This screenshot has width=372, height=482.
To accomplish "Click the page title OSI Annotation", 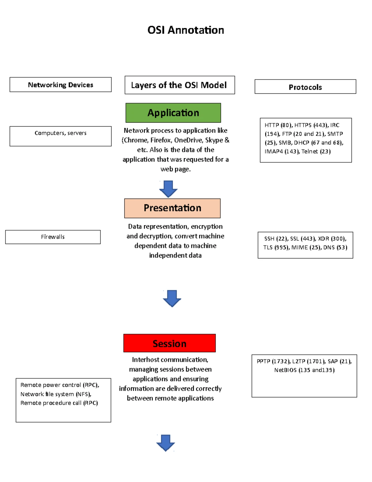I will (x=186, y=30).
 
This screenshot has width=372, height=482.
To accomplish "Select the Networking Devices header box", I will (x=60, y=85).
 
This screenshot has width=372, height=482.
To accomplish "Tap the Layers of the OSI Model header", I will (x=179, y=85).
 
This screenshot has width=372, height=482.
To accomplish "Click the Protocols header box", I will (x=305, y=87).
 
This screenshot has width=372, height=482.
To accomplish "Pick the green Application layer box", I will (x=173, y=113).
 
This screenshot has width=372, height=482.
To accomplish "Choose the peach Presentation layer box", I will (x=172, y=208).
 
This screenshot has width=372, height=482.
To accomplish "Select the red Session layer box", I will (x=169, y=343).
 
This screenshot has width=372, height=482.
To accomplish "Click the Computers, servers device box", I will (x=60, y=136).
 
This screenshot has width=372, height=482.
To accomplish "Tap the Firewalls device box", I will (x=53, y=237).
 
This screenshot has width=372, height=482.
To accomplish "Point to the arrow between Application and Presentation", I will (x=168, y=189).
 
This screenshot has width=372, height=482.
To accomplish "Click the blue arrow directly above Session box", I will (x=172, y=298).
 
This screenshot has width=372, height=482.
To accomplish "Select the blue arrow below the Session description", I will (x=166, y=443).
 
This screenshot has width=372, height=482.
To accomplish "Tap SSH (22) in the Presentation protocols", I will (x=275, y=239).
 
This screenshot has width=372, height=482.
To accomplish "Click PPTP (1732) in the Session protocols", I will (x=273, y=361).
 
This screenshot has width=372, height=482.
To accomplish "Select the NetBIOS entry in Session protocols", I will (x=304, y=370).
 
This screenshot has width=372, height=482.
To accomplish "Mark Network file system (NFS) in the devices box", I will (x=56, y=394).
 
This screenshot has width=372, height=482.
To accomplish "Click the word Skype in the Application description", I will (x=214, y=140).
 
